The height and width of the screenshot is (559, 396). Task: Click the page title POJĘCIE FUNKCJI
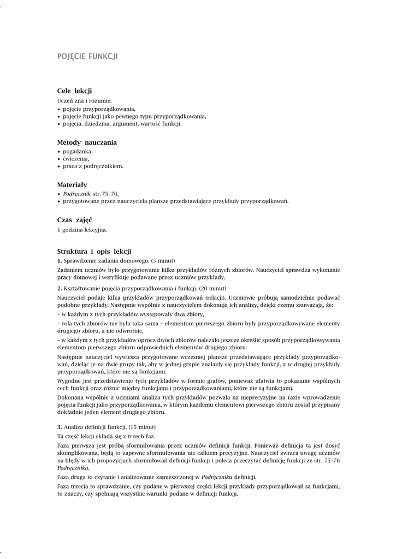[x=87, y=56]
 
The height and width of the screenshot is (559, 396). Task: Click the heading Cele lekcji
[x=74, y=91]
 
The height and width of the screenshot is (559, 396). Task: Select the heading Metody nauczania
[x=87, y=142]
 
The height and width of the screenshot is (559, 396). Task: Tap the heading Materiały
[x=72, y=185]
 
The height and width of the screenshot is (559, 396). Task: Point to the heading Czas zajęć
[x=74, y=219]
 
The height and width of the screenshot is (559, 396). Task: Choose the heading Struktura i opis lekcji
[x=94, y=251]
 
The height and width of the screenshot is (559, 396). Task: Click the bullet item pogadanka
[x=78, y=151]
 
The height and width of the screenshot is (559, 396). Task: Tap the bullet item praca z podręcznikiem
[x=92, y=166]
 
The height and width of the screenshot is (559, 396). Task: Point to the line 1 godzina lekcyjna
[x=82, y=230]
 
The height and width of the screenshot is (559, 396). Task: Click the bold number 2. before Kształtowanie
[x=60, y=288]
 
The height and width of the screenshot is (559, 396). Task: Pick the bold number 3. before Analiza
[x=60, y=426]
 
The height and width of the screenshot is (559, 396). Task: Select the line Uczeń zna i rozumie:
[x=84, y=100]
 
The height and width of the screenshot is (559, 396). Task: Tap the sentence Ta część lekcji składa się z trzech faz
[x=107, y=436]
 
